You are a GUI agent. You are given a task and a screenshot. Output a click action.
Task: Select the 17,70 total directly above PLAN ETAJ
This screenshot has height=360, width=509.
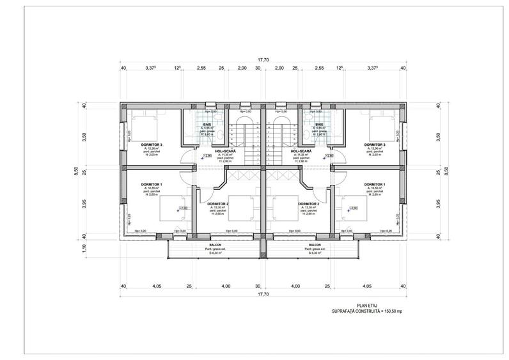click(x=263, y=295)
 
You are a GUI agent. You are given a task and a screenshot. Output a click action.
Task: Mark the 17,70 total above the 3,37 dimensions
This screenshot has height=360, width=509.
click(x=263, y=59)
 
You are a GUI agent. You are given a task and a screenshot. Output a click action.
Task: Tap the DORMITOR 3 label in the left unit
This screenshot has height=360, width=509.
click(x=152, y=145)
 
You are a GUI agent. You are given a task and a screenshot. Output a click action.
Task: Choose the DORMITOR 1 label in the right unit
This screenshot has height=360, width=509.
click(x=374, y=184)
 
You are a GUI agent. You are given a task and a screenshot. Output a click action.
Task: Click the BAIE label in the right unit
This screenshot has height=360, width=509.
click(x=318, y=124)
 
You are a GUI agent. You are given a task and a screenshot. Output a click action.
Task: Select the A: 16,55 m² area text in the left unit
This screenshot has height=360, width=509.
click(x=151, y=188)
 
